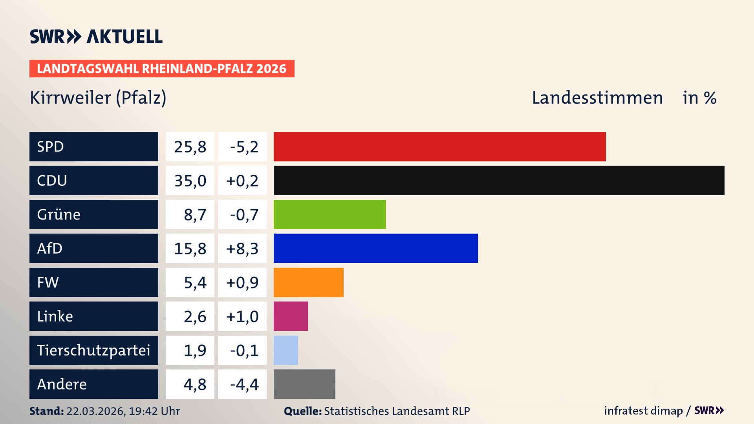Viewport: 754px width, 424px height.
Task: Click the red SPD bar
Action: point(439,146)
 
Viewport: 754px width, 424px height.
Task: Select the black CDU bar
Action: point(499,180)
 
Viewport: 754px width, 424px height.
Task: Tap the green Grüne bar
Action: point(329,214)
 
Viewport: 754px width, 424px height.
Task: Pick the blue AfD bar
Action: point(375,248)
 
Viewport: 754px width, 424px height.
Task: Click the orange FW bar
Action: point(308,282)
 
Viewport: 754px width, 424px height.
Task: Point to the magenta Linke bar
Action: point(291,316)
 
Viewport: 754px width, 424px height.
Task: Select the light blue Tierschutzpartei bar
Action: point(285,350)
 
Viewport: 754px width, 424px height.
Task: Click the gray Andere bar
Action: point(304,384)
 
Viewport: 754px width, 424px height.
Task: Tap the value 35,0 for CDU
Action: point(190,181)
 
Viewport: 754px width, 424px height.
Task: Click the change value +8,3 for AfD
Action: point(242,249)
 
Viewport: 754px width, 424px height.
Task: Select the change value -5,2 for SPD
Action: point(244,147)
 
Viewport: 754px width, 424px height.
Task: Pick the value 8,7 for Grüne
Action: point(194,215)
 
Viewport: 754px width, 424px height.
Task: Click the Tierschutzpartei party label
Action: point(93,350)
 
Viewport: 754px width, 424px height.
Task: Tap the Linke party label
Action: point(55,316)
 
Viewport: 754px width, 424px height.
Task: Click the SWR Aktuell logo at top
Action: point(96,37)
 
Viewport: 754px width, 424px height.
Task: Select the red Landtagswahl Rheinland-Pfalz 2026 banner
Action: point(161,69)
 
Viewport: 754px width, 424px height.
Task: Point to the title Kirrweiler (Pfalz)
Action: point(98,98)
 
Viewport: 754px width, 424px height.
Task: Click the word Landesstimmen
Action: point(597,98)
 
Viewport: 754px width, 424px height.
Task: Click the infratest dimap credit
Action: point(643,411)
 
